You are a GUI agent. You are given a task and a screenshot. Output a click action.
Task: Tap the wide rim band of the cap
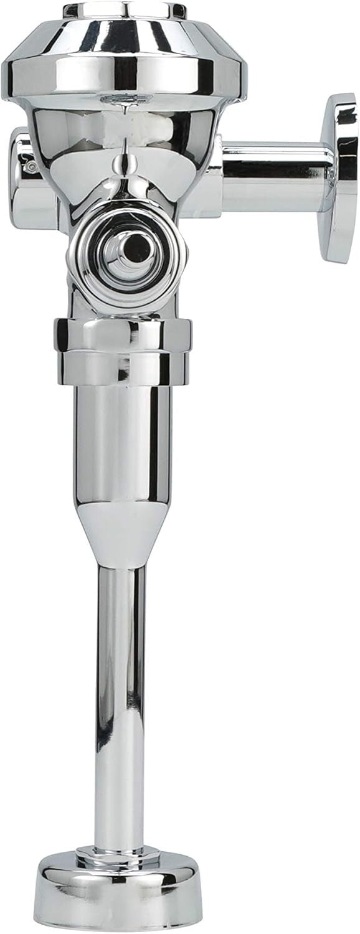[118, 75]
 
